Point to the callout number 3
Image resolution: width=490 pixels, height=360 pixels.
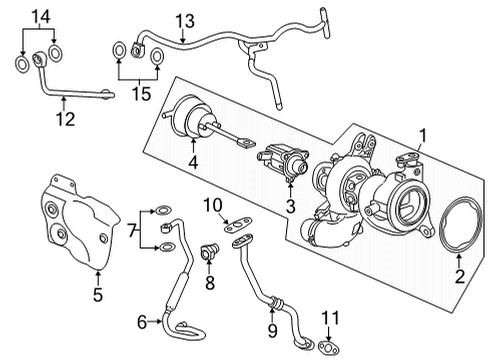(x=290, y=207)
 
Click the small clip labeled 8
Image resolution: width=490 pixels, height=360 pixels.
(x=210, y=252)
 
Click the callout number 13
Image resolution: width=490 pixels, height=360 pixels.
(x=184, y=21)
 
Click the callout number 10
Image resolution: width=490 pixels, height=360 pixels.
(x=211, y=206)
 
